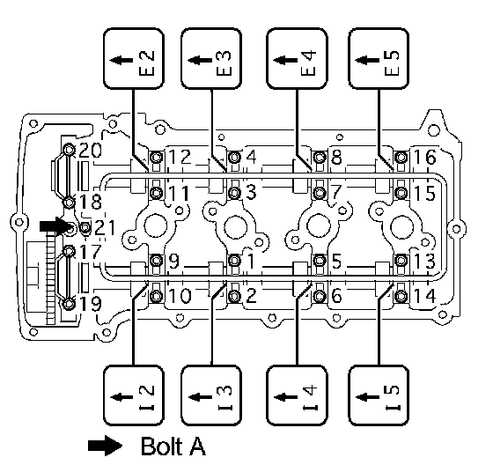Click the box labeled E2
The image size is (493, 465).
pos(134,58)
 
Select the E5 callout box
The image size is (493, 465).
pos(379,58)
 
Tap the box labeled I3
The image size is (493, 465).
pos(211,395)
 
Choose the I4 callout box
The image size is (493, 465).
pos(297,395)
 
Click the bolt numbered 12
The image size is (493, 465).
pos(157,157)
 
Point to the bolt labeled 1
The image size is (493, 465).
pos(234,261)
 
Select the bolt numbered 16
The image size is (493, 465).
pos(401,157)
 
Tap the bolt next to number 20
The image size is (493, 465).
pos(69,150)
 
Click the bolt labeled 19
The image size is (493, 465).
pos(69,304)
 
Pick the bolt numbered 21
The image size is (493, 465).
pos(85,227)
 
